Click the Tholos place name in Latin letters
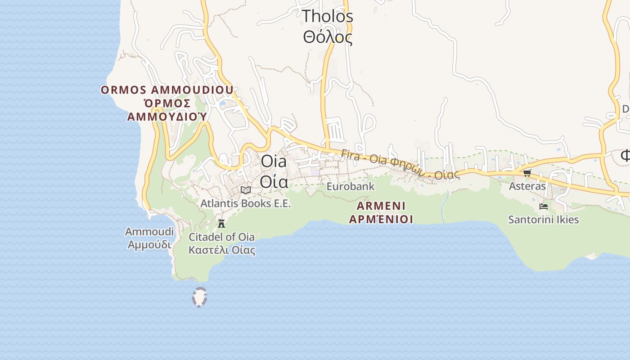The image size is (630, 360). coord(327,16)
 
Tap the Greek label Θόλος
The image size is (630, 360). coord(327,37)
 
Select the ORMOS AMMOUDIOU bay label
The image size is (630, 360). coord(167,90)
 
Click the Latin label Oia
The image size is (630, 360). coord(274,161)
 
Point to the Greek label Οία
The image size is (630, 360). coord(274,181)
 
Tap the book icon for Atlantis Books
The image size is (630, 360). coord(245,190)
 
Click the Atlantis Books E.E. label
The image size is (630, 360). coord(245,203)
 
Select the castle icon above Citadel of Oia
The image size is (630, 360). coord(221,223)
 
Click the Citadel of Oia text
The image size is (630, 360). coord(221,237)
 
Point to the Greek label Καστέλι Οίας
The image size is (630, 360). coord(221,250)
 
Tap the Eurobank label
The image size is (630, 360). coord(350,186)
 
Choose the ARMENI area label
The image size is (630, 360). coord(381,206)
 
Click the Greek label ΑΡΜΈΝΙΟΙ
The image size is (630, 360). coord(381,219)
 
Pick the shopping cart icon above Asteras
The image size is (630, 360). coord(527,173)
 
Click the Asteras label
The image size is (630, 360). coord(527,186)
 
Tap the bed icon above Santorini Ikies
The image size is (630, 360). coord(544,207)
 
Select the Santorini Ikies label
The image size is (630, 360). coord(543,220)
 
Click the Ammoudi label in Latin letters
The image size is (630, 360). coord(149,232)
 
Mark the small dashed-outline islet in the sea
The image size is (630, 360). coord(199,297)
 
